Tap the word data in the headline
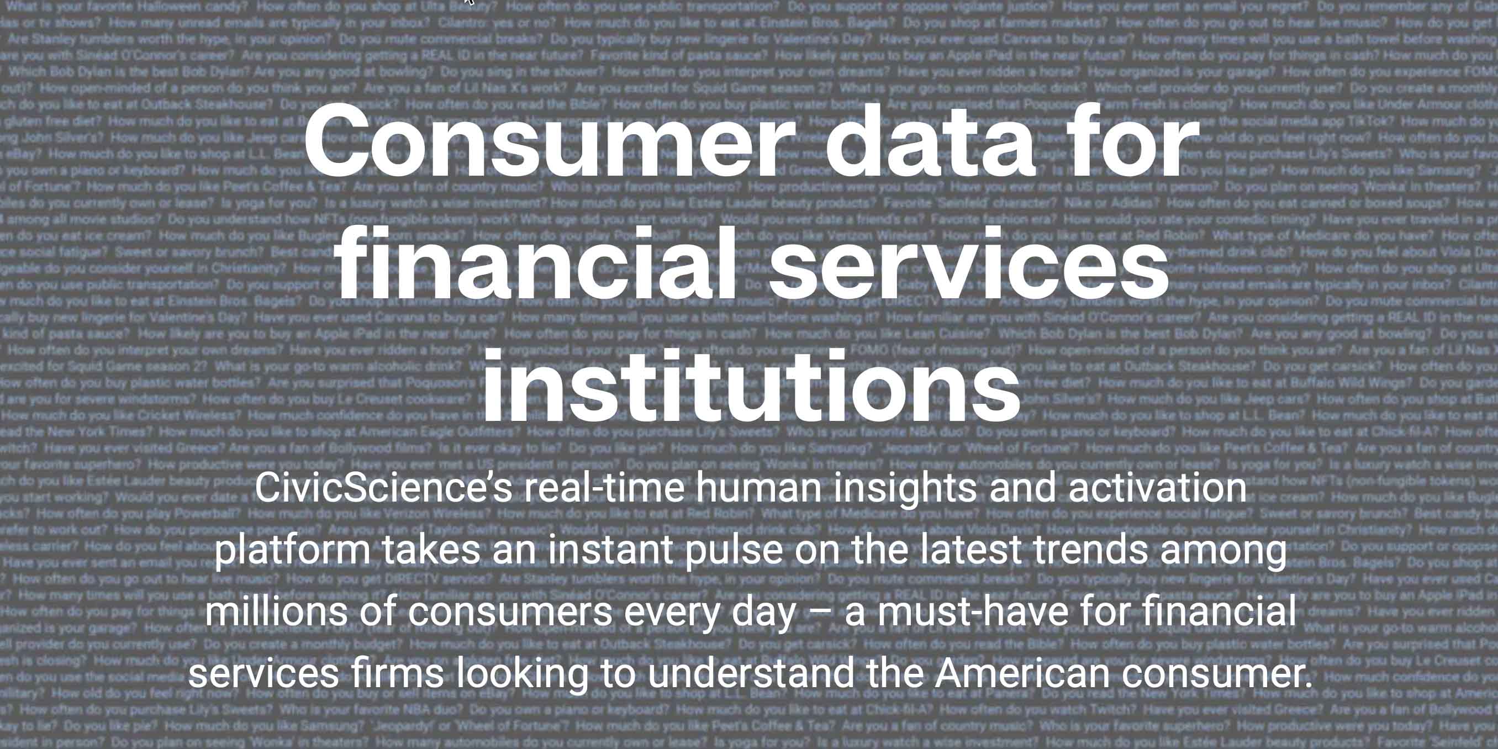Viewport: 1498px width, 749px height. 930,143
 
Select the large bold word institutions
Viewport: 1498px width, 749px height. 751,386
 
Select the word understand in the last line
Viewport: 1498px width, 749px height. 751,673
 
